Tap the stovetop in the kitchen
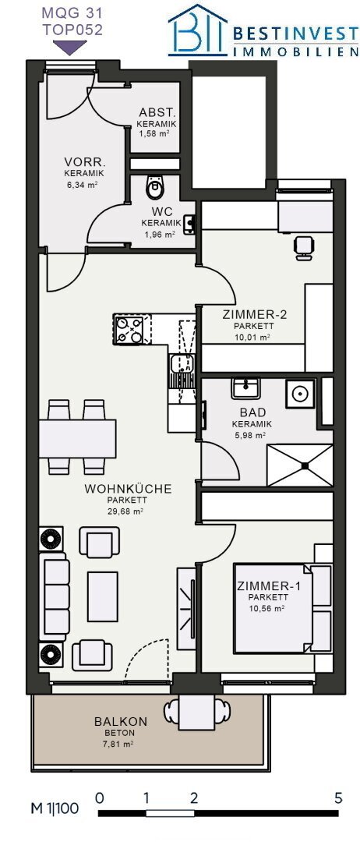point(129,330)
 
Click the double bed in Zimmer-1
point(283,607)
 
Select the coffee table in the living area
point(103,596)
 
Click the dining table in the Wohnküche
point(77,438)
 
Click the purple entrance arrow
point(70,48)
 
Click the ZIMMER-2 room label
point(254,314)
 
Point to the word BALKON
point(121,722)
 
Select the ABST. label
point(157,113)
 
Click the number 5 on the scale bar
point(338,798)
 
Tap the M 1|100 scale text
point(54,808)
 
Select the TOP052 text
point(72,30)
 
